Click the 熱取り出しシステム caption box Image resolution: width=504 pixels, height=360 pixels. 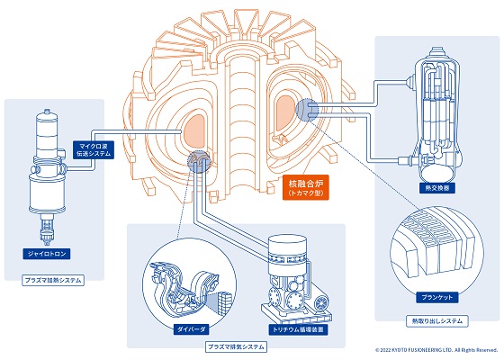point(436,319)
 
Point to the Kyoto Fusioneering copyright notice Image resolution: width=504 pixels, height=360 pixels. point(436,350)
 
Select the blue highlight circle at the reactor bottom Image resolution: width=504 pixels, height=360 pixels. point(198,161)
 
